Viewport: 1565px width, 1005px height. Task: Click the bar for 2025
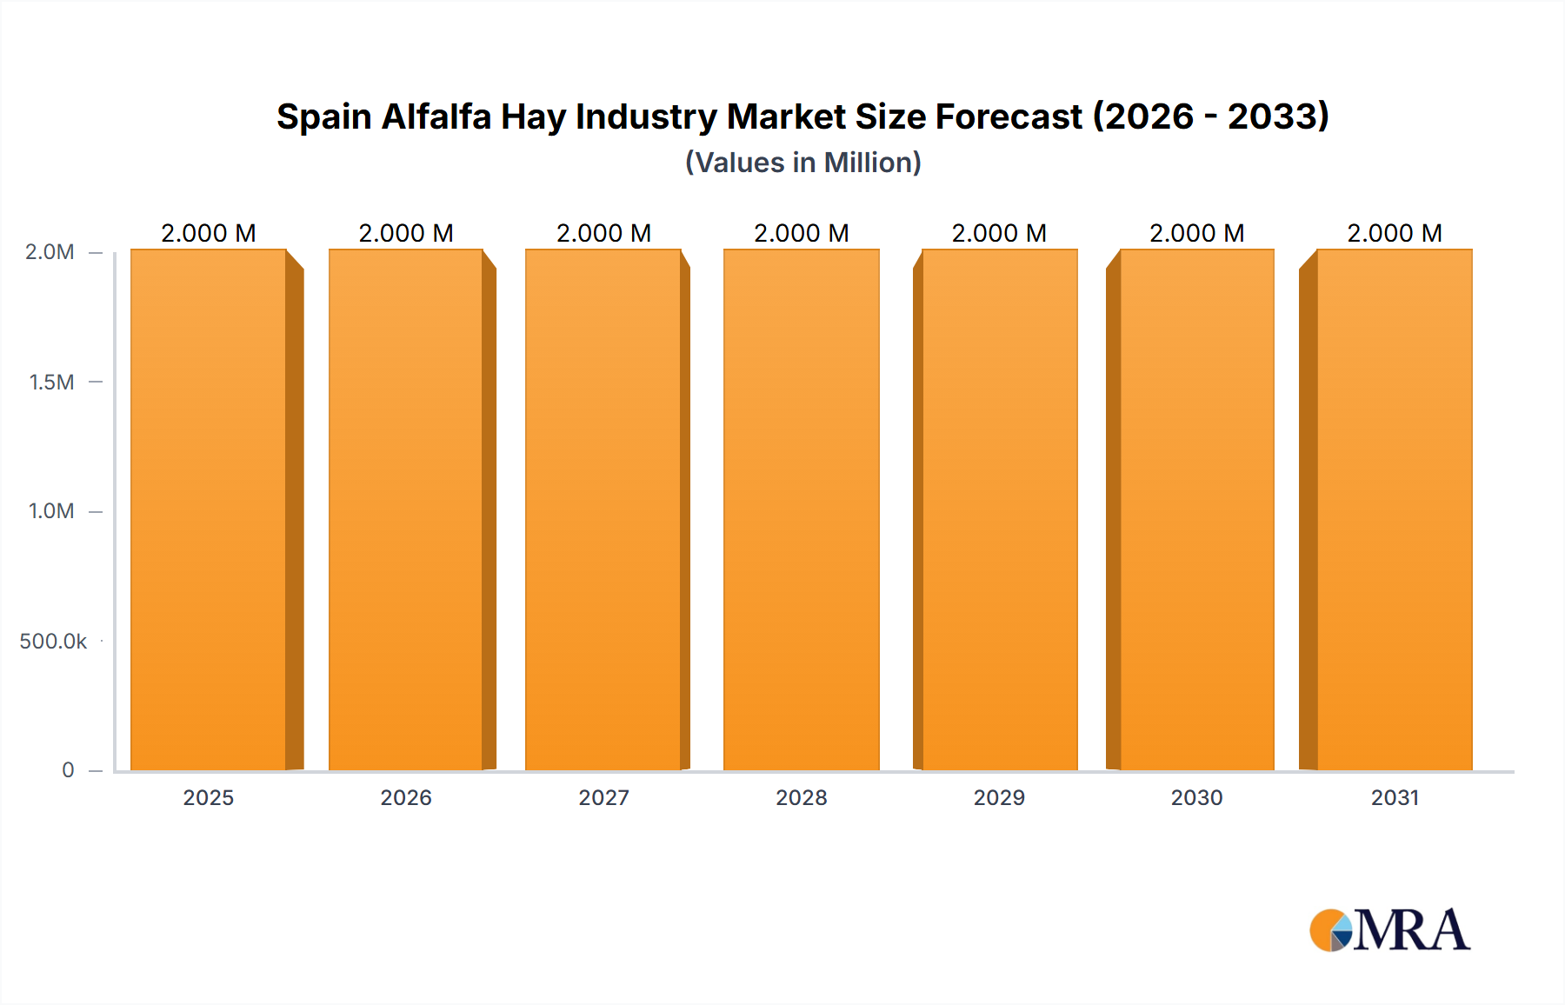(x=209, y=509)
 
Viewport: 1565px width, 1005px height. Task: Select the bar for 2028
(x=801, y=509)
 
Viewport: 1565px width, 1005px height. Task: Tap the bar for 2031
(x=1394, y=509)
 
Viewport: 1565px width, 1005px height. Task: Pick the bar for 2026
(x=406, y=509)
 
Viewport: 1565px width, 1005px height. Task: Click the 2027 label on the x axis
(x=603, y=797)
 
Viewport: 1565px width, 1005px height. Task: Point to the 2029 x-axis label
(x=999, y=797)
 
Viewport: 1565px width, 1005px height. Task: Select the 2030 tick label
(x=1196, y=797)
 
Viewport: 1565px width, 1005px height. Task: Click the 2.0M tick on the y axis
(x=50, y=252)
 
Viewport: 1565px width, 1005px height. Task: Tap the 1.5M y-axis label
(x=51, y=382)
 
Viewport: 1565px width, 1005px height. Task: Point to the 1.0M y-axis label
(x=51, y=511)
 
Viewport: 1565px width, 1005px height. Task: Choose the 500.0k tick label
(x=53, y=642)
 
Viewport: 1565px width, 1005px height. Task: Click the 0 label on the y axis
(x=68, y=770)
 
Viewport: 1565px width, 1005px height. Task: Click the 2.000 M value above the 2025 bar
(x=209, y=233)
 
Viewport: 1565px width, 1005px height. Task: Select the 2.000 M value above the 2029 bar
(x=999, y=233)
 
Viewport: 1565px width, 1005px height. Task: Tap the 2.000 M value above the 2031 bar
(x=1394, y=233)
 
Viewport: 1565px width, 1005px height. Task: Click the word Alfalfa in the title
(x=436, y=116)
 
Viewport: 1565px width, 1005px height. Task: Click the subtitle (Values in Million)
(x=802, y=163)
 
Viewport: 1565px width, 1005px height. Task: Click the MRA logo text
(x=1412, y=930)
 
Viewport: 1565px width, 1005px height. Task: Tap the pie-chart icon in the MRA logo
(x=1330, y=930)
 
